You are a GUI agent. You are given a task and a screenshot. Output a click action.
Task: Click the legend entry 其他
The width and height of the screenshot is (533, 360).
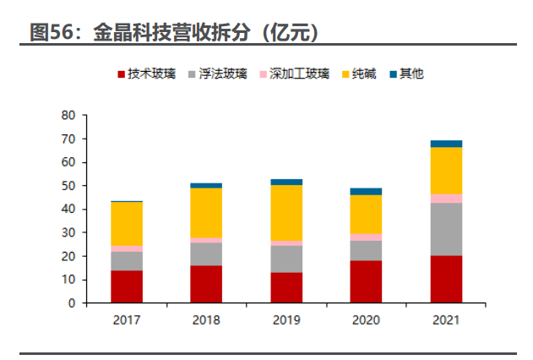(411, 74)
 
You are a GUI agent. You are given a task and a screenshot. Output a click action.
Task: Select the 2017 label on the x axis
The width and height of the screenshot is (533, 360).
(127, 320)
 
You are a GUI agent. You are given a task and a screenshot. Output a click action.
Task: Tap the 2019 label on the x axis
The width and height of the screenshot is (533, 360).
(286, 320)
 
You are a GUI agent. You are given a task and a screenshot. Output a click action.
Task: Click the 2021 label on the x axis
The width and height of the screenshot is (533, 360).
(446, 320)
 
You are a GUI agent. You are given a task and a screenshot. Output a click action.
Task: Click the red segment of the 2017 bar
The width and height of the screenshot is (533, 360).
(127, 286)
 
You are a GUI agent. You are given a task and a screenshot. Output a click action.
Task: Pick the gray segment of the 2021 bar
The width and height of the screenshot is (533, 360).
(446, 229)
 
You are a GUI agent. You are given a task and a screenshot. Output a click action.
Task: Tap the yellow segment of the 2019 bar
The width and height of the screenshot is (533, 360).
(286, 213)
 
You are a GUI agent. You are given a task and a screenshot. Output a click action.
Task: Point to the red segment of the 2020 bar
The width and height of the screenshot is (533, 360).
(366, 281)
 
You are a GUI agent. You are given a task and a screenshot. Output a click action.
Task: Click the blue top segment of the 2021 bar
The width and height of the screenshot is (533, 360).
(446, 144)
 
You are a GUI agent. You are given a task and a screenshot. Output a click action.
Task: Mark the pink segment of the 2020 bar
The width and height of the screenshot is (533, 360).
(366, 237)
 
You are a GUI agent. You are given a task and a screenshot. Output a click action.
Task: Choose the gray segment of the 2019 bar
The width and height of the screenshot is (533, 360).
(286, 259)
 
